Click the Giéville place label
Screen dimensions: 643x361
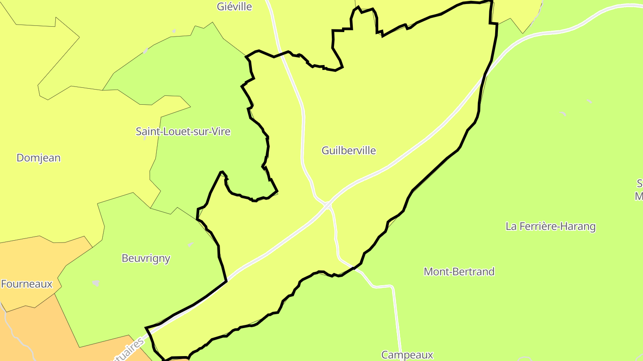[x=234, y=7]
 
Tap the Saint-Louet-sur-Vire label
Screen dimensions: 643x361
[x=183, y=131]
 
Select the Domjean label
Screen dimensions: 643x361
[x=38, y=158]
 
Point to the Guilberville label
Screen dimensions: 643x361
[x=349, y=151]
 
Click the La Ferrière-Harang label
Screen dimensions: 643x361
[x=551, y=226]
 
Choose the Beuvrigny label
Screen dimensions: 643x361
[x=146, y=258]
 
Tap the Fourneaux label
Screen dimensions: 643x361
[x=27, y=284]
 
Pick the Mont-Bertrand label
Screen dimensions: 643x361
[x=459, y=271]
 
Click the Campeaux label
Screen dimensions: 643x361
[x=407, y=355]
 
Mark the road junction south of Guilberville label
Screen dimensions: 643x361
[x=328, y=205]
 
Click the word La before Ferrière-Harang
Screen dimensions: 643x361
[x=511, y=226]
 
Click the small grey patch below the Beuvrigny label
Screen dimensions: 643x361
[x=96, y=283]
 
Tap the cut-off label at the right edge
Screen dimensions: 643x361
[x=639, y=189]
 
